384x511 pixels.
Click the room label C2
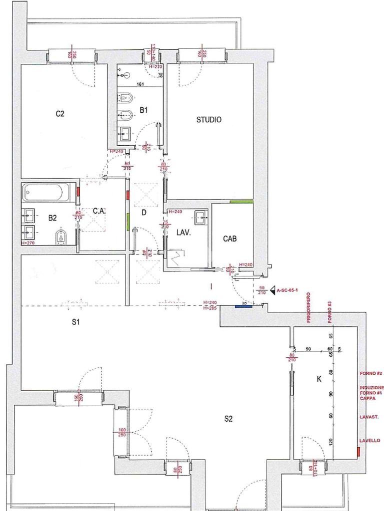[60, 113]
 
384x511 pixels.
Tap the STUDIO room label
[208, 120]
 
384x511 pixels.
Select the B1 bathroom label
[143, 110]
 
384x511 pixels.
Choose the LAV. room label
[181, 232]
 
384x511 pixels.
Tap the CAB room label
[229, 239]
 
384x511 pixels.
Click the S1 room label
[75, 322]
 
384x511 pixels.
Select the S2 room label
[228, 419]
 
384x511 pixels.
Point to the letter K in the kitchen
[319, 379]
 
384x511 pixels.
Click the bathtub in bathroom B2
[49, 192]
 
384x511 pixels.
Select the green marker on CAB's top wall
[240, 202]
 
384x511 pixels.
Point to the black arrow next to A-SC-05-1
[272, 290]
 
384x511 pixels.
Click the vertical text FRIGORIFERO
[309, 308]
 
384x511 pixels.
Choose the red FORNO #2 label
[370, 373]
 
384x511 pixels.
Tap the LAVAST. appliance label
[368, 417]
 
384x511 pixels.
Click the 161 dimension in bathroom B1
[140, 85]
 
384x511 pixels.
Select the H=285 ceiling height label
[210, 308]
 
